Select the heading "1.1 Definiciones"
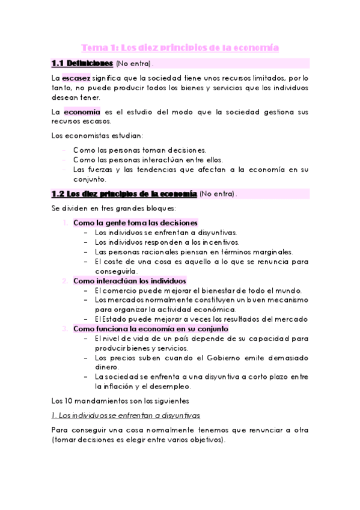[82, 63]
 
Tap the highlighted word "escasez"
[76, 78]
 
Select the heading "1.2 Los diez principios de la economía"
[124, 194]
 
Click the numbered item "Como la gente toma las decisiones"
[135, 223]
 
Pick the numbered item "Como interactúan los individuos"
[129, 280]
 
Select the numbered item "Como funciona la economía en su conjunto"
[150, 328]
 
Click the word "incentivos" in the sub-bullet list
[207, 242]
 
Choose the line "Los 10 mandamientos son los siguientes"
[120, 401]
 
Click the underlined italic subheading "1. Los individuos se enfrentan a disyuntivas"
[126, 416]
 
